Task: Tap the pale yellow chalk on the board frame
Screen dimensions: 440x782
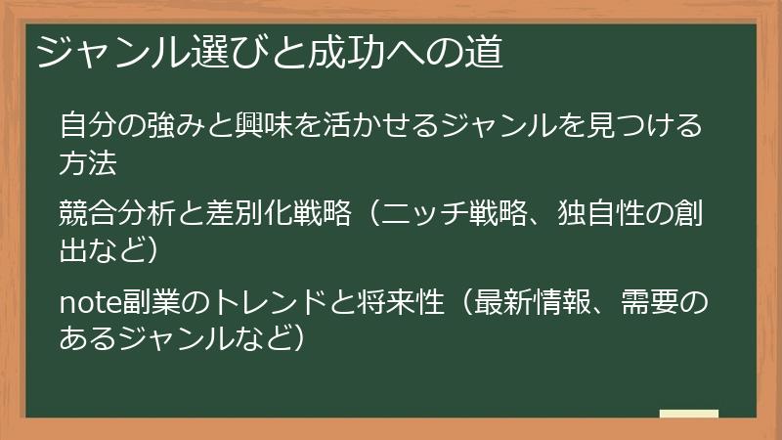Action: pos(689,414)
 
